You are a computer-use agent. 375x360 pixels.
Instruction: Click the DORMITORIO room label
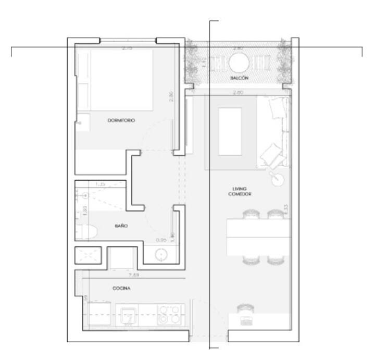121,120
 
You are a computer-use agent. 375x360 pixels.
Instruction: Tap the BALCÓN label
239,78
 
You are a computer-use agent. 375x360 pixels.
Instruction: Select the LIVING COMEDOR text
240,191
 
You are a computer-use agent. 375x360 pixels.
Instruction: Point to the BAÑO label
121,226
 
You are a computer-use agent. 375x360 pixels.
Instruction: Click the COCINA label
121,288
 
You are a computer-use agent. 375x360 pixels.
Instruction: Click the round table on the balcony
240,64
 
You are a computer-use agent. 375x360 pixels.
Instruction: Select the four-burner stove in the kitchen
170,314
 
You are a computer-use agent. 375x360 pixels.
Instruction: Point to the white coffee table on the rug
229,130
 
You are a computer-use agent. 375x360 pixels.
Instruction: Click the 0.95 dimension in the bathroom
161,240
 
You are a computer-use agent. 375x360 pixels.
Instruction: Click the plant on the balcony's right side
284,63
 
